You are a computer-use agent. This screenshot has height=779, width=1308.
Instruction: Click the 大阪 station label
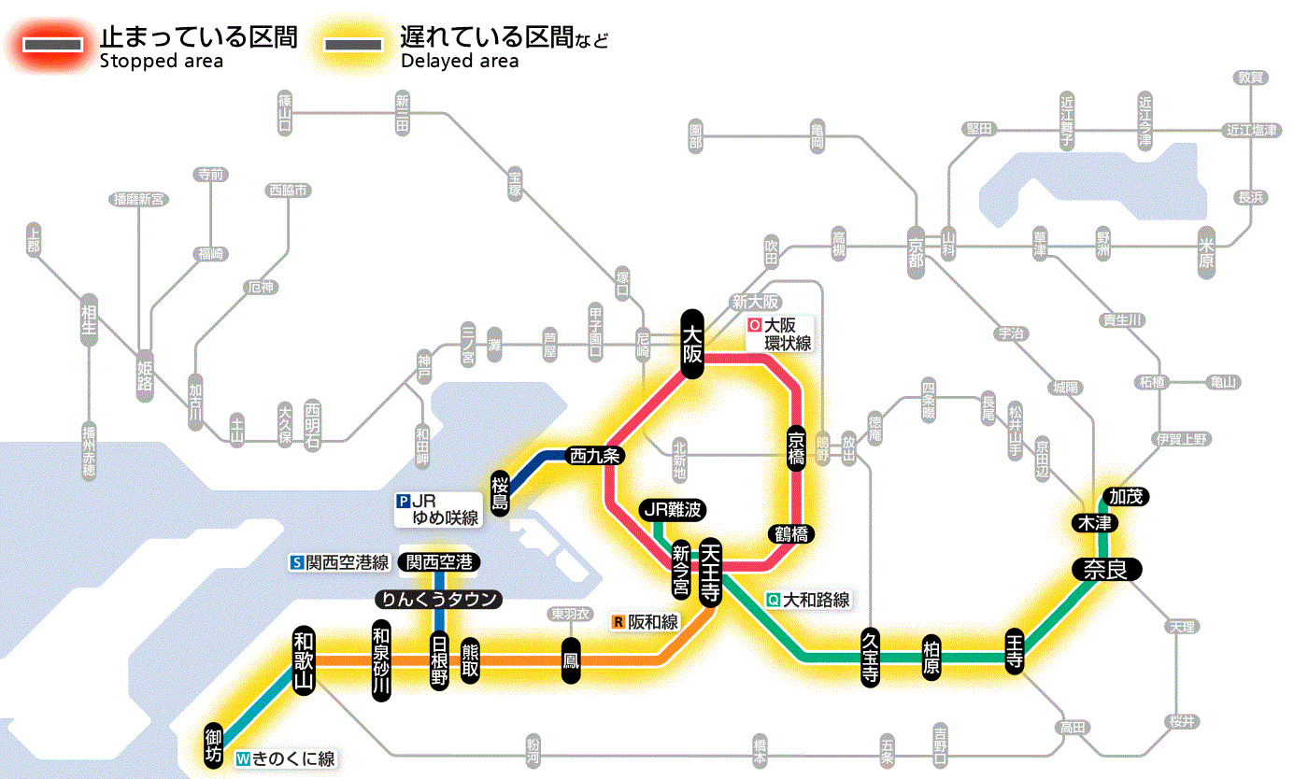[691, 344]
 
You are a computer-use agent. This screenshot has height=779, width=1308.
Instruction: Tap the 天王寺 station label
[710, 572]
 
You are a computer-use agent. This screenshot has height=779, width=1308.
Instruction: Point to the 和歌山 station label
[304, 658]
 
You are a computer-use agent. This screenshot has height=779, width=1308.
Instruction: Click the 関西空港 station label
[439, 562]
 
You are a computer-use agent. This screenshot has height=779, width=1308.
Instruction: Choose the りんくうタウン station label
[438, 599]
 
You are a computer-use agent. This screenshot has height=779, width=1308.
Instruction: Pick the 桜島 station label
[501, 492]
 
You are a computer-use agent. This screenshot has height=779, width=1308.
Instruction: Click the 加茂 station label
[1126, 496]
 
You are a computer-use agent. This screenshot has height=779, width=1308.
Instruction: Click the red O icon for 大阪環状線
[754, 326]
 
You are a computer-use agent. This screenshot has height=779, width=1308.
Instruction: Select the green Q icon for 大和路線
[773, 600]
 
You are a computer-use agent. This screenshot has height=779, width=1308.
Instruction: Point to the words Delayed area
[460, 62]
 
